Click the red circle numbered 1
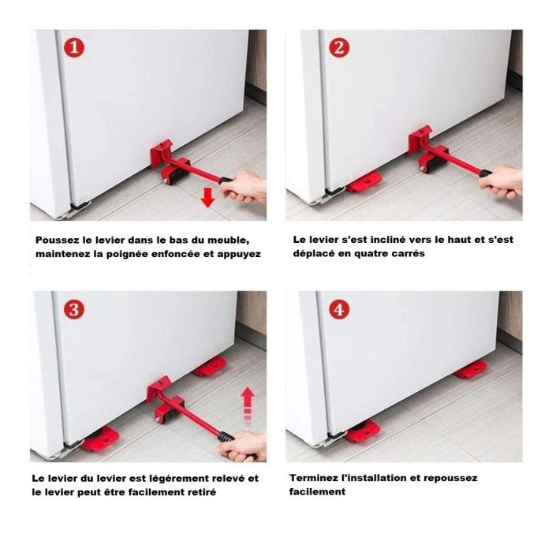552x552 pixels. (x=74, y=47)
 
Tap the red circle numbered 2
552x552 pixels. (x=339, y=47)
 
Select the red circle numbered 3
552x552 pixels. (x=74, y=310)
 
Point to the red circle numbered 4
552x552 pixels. (x=339, y=310)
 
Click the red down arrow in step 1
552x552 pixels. (x=207, y=197)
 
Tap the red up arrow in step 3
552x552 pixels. (x=248, y=405)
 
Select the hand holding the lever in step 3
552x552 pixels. (x=243, y=446)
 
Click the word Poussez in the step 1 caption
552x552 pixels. (x=58, y=241)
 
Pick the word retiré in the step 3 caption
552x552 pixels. (x=203, y=492)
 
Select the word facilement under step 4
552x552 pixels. (x=317, y=492)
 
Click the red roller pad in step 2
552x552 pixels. (x=364, y=181)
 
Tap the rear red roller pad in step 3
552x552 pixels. (x=210, y=367)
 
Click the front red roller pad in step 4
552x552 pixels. (x=362, y=431)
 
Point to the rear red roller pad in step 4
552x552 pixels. (x=471, y=370)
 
